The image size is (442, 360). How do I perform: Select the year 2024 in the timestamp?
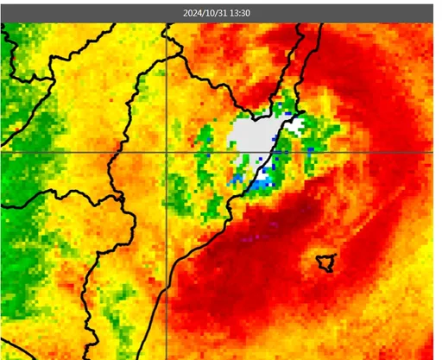coord(193,13)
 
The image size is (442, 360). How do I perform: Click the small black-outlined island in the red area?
coord(325,262)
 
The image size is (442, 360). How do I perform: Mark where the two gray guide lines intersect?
coord(166,152)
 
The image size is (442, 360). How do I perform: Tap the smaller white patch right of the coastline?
coord(295,126)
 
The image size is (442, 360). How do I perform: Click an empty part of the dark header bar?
coord(86,13)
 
